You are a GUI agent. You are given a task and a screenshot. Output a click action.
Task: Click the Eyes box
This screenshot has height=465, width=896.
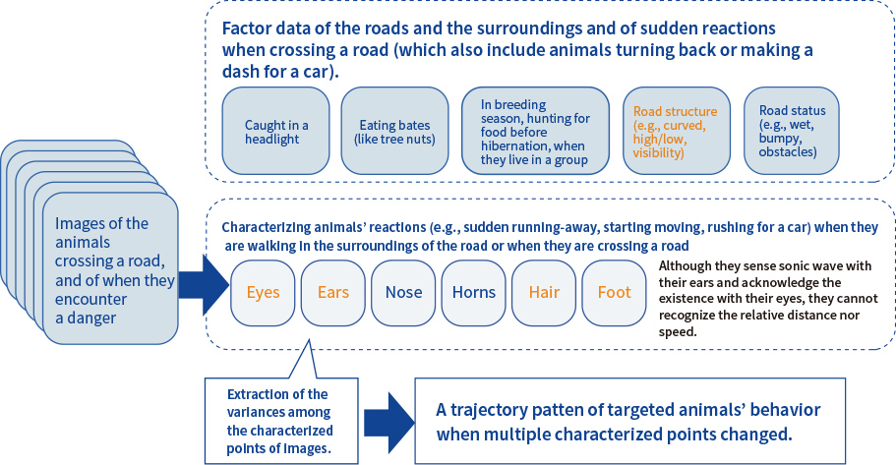[263, 292]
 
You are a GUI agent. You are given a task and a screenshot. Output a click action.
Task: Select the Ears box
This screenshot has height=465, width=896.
[332, 292]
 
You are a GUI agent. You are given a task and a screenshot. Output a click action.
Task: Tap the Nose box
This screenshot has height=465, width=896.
[403, 292]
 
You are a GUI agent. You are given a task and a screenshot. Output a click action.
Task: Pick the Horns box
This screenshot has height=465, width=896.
[473, 292]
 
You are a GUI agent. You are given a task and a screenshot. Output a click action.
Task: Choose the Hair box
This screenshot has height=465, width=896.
[544, 292]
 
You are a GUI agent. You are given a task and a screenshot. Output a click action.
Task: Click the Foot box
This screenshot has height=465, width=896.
[615, 292]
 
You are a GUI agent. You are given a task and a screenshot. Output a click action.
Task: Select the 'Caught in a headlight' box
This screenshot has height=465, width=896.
[276, 132]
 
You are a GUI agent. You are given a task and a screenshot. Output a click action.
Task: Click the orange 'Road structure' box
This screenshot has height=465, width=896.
[676, 132]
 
